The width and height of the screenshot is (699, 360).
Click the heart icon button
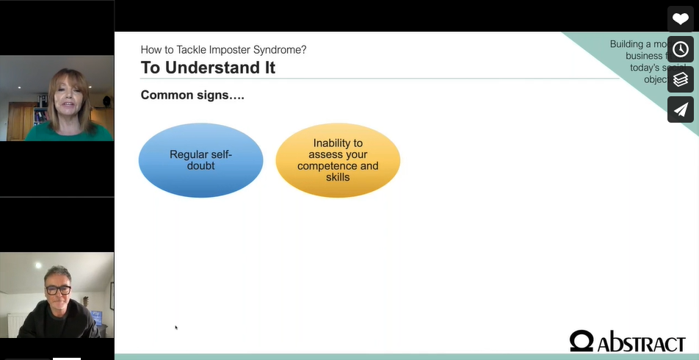click(x=681, y=19)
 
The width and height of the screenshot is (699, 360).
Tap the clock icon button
click(x=681, y=49)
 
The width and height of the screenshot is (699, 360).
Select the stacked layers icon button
click(x=681, y=79)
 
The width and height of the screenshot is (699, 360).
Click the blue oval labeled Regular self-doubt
click(x=200, y=160)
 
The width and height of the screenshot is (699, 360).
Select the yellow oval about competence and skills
click(x=338, y=160)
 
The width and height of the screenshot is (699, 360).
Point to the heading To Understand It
click(x=208, y=68)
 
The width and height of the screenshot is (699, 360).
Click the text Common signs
click(x=192, y=96)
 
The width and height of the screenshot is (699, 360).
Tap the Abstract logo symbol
click(x=582, y=341)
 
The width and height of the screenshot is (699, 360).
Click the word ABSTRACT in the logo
click(x=641, y=342)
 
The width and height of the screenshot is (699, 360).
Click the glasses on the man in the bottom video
click(x=59, y=289)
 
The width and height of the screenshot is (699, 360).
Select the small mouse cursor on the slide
click(x=175, y=327)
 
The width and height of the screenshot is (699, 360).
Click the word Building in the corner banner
click(x=626, y=44)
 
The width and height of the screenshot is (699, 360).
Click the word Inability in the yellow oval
click(x=338, y=143)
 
